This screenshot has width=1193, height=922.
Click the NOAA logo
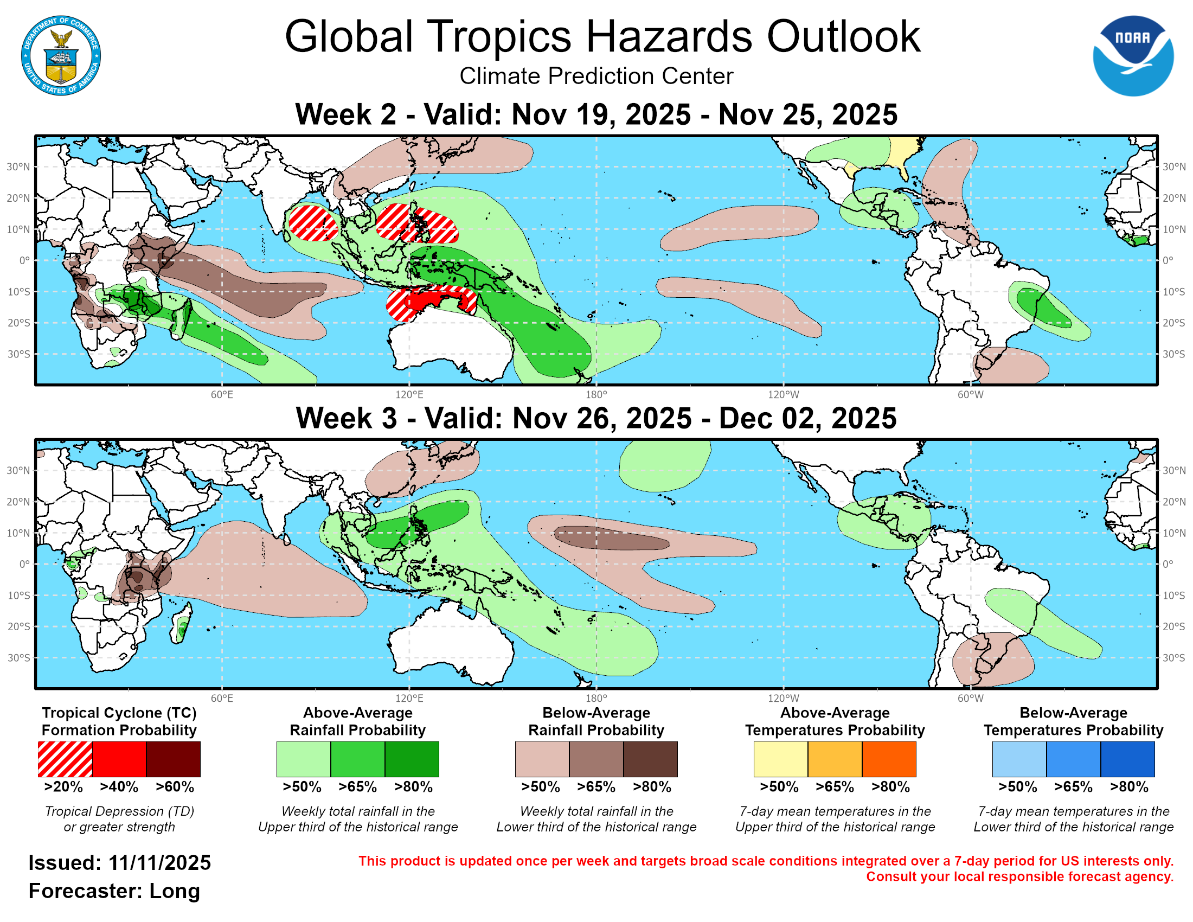1132,56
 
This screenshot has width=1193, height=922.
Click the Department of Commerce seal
61,56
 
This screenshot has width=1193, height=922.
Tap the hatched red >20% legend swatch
65,759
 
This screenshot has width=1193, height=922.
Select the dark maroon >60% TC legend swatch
173,759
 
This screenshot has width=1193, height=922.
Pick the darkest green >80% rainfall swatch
412,759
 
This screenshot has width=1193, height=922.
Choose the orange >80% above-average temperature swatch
889,759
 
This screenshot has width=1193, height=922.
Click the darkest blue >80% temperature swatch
1127,759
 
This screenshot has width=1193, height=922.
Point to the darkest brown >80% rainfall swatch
651,759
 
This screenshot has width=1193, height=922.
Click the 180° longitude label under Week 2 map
596,395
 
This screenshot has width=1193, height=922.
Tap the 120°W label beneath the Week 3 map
784,699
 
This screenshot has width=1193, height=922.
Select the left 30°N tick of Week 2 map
18,167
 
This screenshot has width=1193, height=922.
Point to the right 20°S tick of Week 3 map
1173,626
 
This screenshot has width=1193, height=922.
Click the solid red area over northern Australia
432,299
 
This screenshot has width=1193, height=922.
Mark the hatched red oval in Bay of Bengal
312,223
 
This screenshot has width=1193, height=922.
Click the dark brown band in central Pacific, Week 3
612,538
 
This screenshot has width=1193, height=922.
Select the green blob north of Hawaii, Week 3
664,464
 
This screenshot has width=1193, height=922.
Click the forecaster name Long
175,891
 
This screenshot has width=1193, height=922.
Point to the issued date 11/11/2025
159,863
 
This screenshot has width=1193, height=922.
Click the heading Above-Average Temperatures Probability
835,721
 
